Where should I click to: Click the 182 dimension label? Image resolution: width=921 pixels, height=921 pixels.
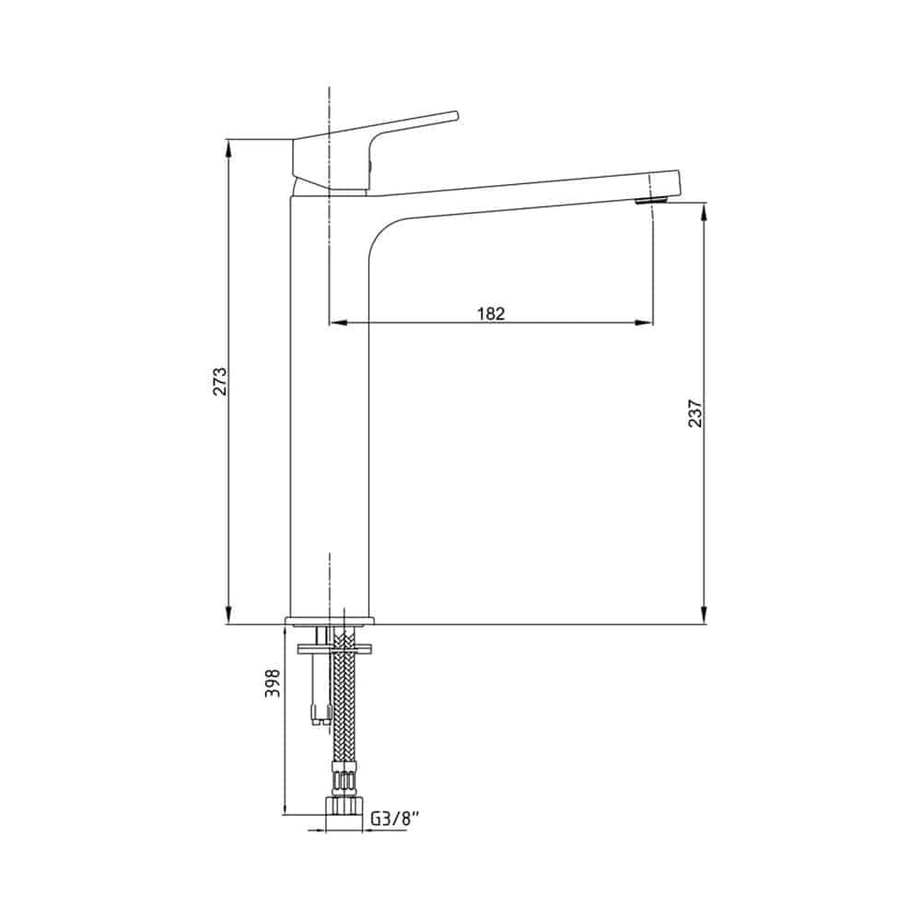point(491,313)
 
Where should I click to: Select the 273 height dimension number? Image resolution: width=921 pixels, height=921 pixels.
point(219,381)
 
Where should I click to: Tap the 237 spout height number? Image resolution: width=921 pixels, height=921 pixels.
point(694,413)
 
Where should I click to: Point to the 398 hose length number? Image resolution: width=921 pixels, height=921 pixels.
point(273,683)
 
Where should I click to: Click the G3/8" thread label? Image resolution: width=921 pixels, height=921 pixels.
point(396,819)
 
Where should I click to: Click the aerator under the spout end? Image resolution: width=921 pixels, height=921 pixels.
point(651,200)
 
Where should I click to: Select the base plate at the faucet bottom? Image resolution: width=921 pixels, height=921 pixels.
point(330,621)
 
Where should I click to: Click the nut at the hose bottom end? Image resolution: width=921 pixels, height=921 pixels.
point(343,805)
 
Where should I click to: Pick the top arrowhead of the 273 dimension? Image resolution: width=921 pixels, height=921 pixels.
point(228,146)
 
